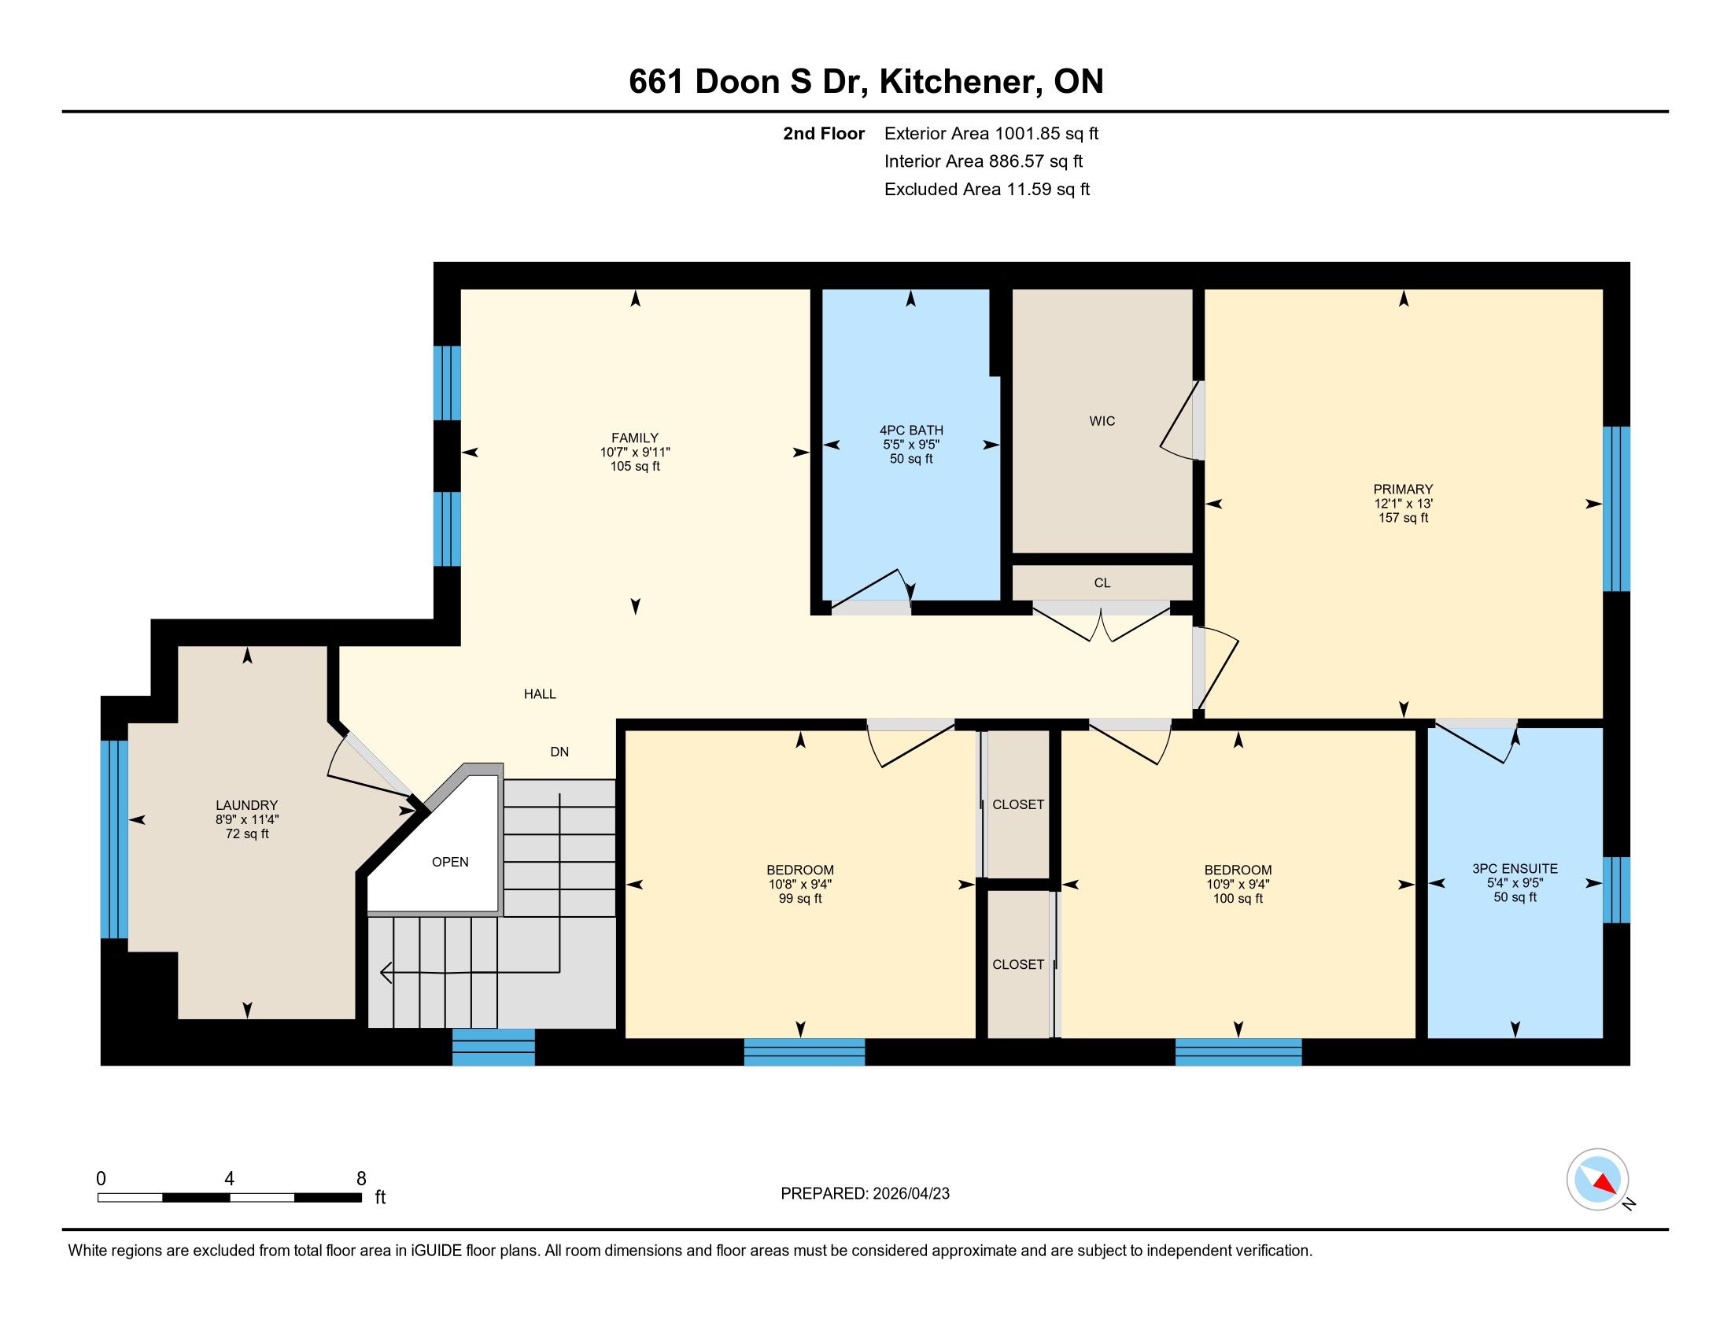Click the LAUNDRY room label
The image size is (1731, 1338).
coord(246,805)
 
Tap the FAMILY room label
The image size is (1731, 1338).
coord(635,438)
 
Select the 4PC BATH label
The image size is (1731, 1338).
coord(910,431)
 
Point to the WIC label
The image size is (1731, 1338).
coord(1102,421)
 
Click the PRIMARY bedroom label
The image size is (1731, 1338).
coord(1403,489)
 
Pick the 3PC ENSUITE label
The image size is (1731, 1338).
coord(1515,869)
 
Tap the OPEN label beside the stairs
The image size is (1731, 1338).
coord(450,862)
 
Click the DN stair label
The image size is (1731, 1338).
coord(559,752)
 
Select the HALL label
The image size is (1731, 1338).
coord(540,693)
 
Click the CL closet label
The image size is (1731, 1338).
coord(1102,582)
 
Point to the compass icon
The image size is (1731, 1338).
coord(1597,1179)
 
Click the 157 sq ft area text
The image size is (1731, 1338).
coord(1403,518)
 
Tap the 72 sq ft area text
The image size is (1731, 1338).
coord(246,833)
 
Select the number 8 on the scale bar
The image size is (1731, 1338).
coord(361,1178)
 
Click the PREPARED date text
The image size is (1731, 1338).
coord(865,1194)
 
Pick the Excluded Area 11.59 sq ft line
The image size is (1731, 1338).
coord(987,190)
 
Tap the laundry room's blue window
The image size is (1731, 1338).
coord(114,840)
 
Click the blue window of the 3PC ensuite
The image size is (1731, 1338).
coord(1616,890)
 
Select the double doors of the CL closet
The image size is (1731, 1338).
coord(1102,623)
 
